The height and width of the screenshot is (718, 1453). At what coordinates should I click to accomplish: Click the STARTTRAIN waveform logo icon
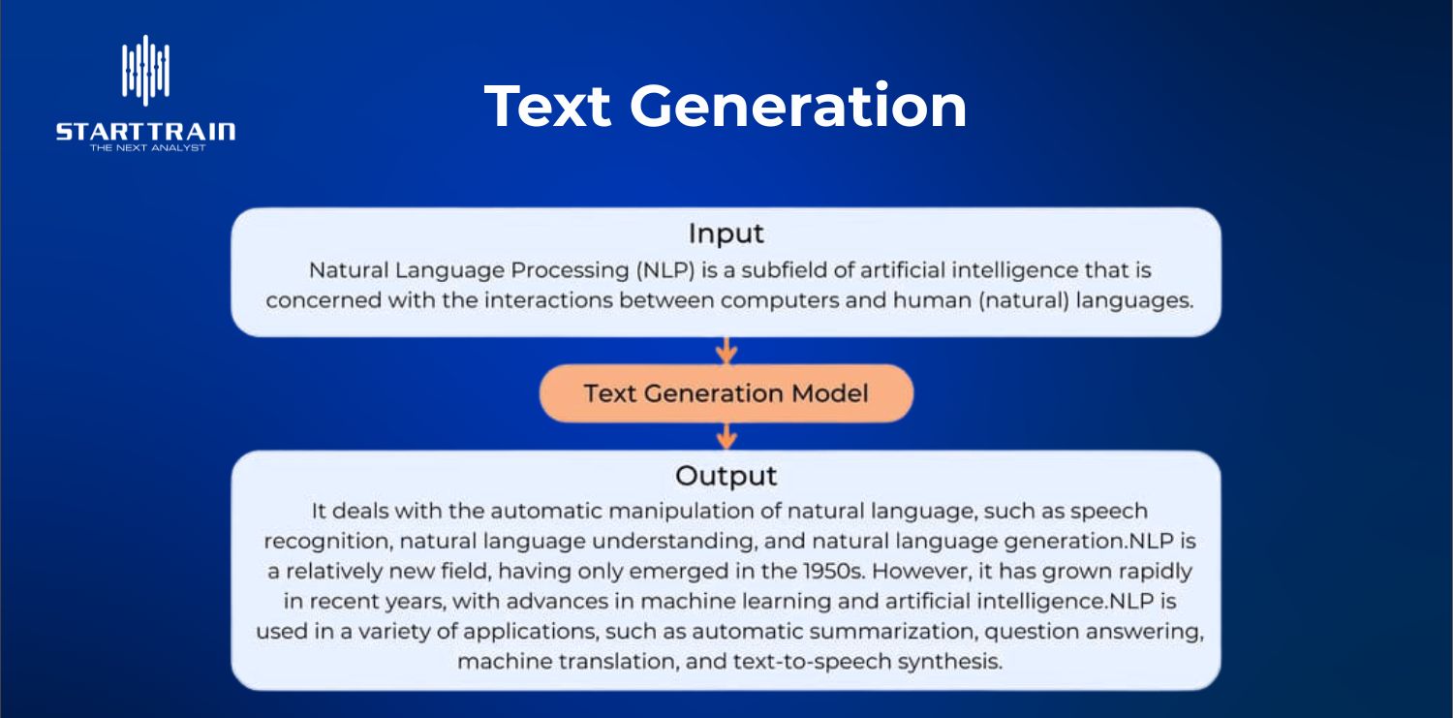click(145, 70)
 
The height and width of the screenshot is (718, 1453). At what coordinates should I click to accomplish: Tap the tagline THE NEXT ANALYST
click(145, 148)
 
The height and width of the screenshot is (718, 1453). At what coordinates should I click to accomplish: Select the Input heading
click(726, 234)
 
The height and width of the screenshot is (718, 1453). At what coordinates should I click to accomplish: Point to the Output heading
click(726, 476)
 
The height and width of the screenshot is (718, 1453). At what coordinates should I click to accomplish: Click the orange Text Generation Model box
click(726, 393)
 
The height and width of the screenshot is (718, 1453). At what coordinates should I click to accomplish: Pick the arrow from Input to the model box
click(726, 351)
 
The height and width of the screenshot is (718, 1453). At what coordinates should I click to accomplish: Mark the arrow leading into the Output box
click(726, 436)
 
